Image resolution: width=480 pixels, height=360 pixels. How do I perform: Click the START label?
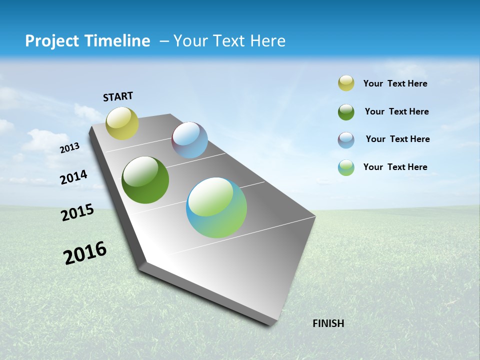118,96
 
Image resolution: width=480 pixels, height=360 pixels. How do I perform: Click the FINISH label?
328,323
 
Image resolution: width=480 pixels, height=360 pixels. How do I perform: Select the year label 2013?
70,148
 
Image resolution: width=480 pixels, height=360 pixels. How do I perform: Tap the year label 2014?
74,177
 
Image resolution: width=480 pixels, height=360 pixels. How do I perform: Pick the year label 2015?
77,212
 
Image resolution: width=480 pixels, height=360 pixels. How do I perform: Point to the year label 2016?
85,252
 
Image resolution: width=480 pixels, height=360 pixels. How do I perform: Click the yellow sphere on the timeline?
122,123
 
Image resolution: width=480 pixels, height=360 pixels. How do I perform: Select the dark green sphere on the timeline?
145,180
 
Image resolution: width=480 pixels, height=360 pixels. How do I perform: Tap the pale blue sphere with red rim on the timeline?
189,140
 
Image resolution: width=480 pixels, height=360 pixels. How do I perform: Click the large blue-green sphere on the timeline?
216,207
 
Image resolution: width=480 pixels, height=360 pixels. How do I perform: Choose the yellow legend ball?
346,83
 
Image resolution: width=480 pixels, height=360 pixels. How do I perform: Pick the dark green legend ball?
346,112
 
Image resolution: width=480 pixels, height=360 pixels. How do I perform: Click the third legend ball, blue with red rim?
346,139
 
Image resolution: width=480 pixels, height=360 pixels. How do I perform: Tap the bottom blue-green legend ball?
346,167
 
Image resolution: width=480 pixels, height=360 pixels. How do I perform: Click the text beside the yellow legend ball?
395,83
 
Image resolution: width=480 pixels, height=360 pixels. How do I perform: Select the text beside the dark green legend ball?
396,111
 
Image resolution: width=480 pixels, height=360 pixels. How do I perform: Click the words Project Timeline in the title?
87,41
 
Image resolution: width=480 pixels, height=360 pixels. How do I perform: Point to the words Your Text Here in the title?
229,41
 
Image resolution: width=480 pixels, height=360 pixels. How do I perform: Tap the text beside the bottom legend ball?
395,167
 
